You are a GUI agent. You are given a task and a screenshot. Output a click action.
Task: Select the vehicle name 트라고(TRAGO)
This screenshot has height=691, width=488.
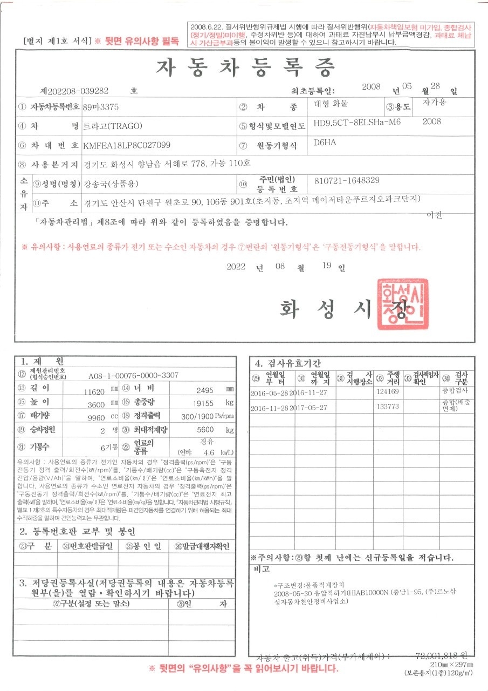click(x=112, y=126)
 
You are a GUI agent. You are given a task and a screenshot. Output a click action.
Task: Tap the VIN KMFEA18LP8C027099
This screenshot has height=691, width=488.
click(x=127, y=145)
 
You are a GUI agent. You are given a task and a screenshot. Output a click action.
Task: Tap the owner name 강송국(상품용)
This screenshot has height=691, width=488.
click(x=111, y=184)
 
